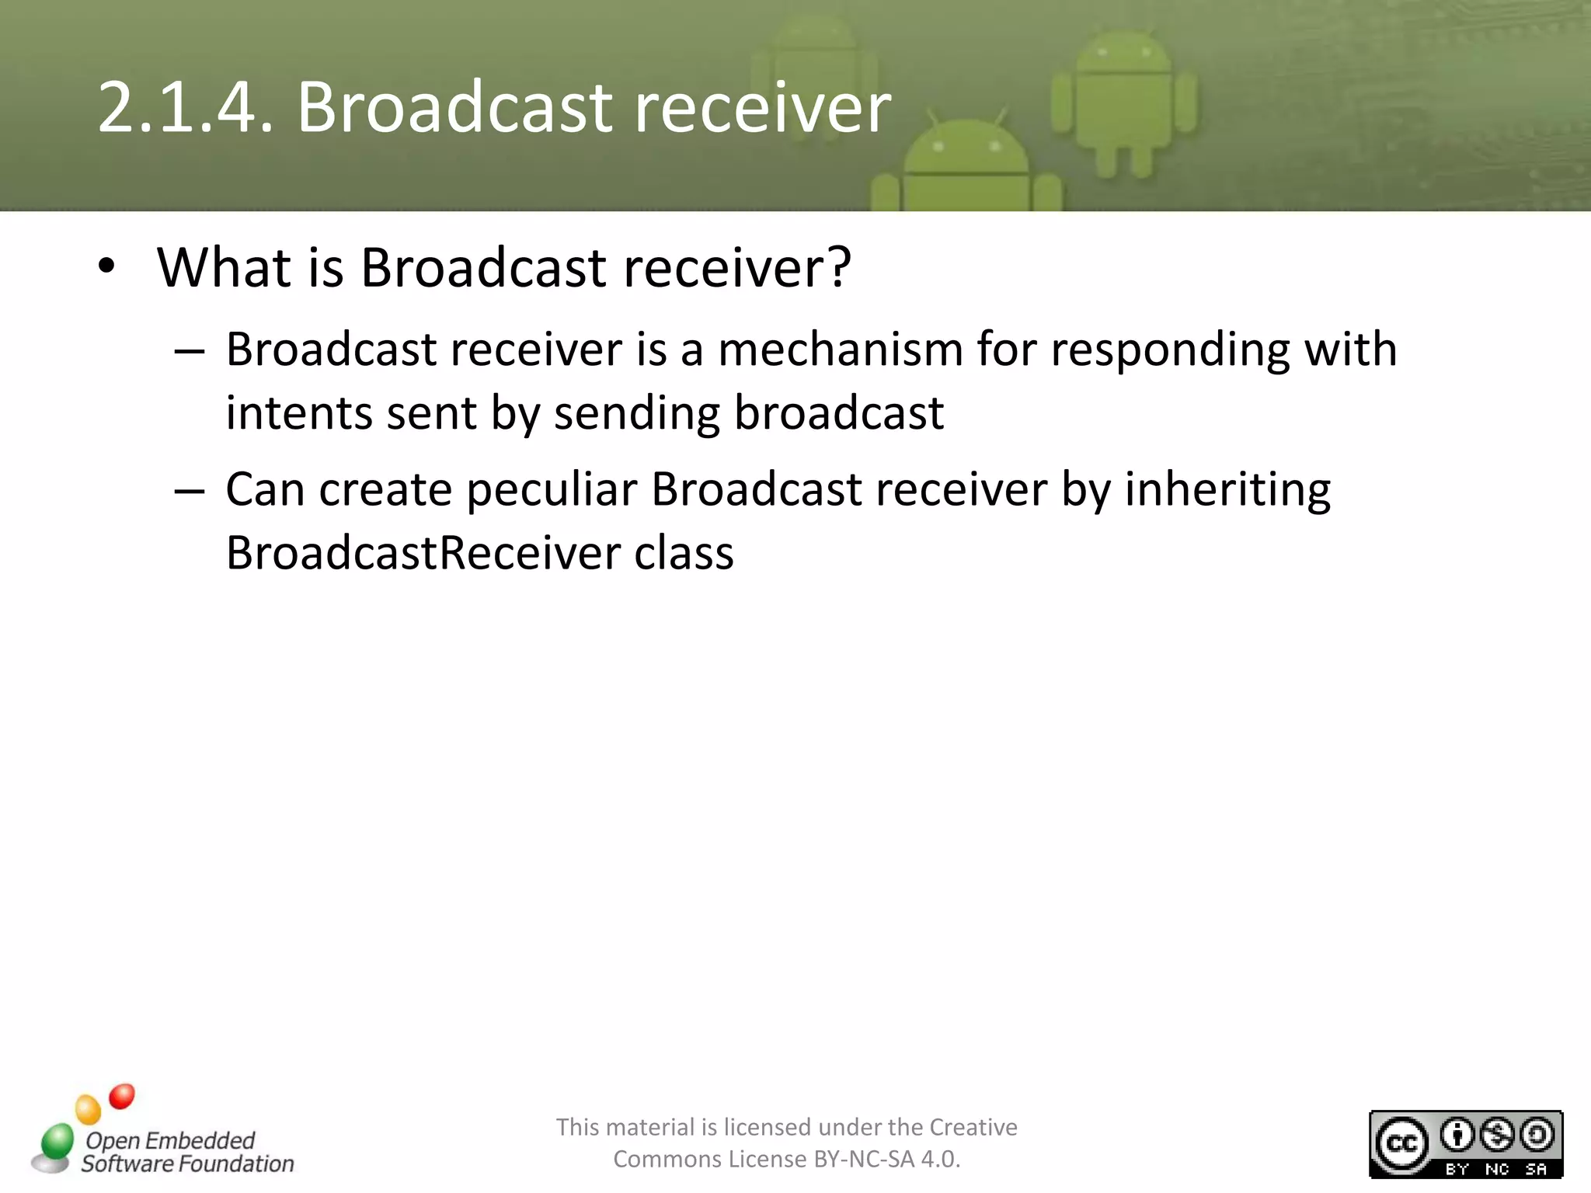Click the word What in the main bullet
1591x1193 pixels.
[225, 267]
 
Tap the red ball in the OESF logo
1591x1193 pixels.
[122, 1096]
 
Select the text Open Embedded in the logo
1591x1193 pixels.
[170, 1140]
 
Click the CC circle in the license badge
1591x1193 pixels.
[1401, 1144]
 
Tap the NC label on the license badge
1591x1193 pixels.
[1496, 1169]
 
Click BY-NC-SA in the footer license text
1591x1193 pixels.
[864, 1159]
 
